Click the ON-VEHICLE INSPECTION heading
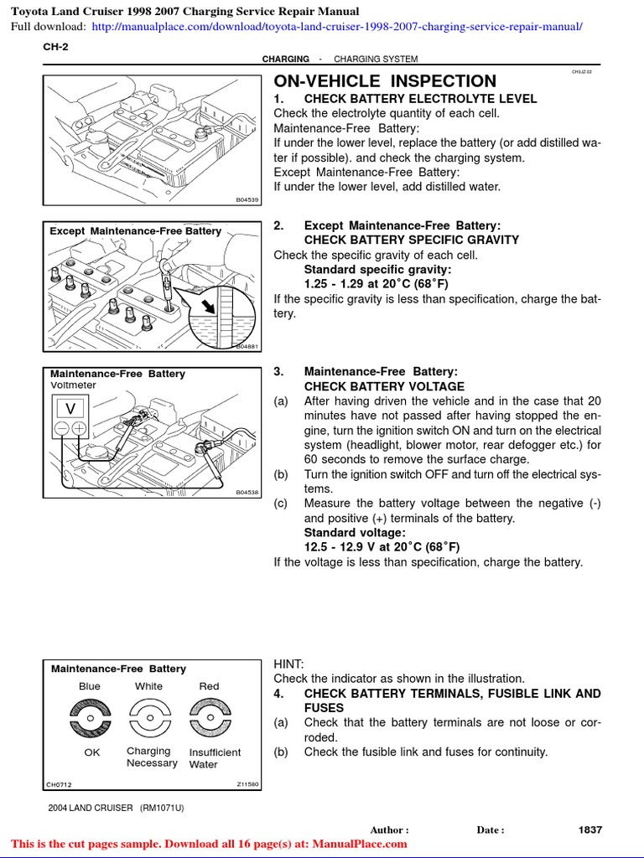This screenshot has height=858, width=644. point(385,81)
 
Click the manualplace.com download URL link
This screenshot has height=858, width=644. point(336,27)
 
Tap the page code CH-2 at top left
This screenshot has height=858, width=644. point(55,47)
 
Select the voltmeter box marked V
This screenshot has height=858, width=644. point(70,408)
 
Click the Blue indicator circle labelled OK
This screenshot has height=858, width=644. point(91,718)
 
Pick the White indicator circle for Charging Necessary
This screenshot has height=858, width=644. point(149,718)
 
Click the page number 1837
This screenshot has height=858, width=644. point(590,830)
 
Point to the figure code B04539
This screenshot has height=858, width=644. point(247,199)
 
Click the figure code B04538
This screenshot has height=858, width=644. point(247,493)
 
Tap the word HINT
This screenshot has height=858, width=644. point(289,664)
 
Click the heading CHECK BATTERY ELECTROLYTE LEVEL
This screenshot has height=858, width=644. point(420,99)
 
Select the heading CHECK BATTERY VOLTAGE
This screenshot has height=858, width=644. point(383,386)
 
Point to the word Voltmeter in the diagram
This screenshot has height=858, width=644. point(74,385)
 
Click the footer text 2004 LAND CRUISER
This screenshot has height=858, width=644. point(91,808)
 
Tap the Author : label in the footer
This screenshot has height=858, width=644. point(389,830)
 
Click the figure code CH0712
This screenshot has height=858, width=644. point(60,785)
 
